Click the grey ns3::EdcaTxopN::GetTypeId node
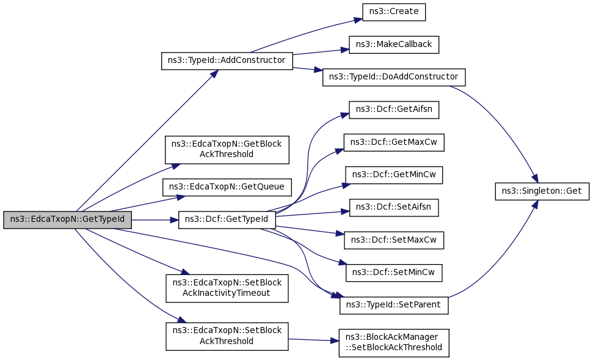coord(67,219)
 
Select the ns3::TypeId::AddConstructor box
coord(227,61)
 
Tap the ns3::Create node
coord(393,12)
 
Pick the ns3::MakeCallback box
coord(394,45)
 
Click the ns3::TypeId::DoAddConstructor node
coord(394,77)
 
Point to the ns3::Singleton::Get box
coord(542,191)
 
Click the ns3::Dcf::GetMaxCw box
coord(394,142)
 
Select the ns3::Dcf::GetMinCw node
coord(394,175)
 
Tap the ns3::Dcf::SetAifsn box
coord(394,207)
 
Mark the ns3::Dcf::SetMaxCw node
coord(394,240)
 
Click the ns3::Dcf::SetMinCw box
coord(394,272)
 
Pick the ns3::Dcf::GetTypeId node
coord(227,219)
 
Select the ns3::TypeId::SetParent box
coord(394,304)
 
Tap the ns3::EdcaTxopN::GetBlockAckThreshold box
coord(227,149)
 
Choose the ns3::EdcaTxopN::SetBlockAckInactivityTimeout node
coord(227,288)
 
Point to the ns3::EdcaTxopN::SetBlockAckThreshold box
coord(227,336)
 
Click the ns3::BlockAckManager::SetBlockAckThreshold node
coord(394,343)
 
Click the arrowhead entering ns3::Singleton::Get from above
coord(534,178)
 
